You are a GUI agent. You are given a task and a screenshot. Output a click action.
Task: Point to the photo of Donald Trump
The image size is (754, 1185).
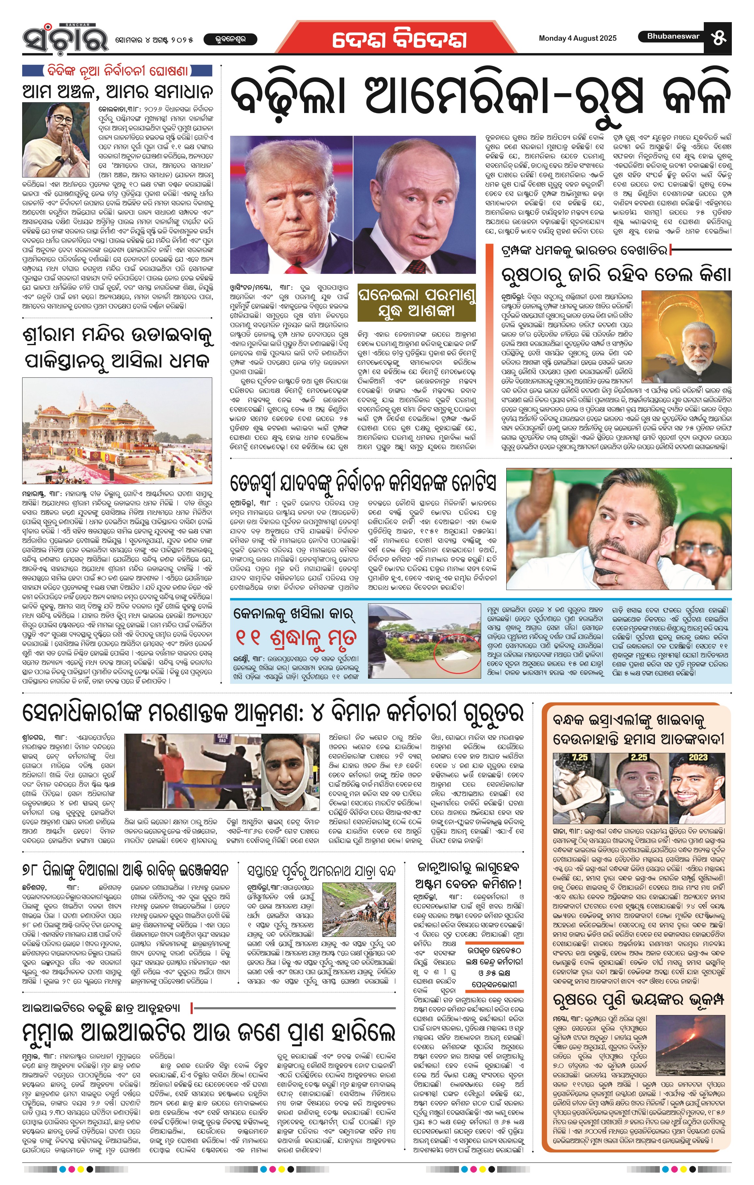pos(291,204)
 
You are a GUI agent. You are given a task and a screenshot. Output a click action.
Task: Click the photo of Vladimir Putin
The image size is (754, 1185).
pos(415,204)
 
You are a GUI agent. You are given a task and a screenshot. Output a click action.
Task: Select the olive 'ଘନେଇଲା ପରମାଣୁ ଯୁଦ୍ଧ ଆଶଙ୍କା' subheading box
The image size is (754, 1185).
pos(417,302)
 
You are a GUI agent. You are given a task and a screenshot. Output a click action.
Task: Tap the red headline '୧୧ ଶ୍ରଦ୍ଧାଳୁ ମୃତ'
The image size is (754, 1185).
pos(295,638)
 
